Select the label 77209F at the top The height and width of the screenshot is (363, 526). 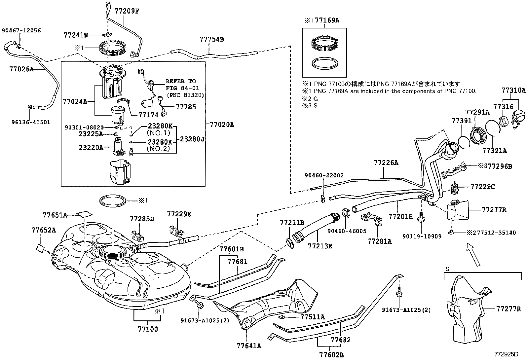click(x=127, y=11)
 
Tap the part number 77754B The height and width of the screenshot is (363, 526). click(x=211, y=39)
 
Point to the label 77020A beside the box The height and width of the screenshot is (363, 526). click(x=222, y=125)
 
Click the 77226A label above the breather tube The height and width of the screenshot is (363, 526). click(x=386, y=163)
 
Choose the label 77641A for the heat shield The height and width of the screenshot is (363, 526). click(x=248, y=346)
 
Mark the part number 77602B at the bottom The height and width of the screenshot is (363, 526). click(x=331, y=355)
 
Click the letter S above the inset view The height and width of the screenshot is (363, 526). click(x=447, y=269)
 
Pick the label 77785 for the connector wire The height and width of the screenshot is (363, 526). click(x=186, y=107)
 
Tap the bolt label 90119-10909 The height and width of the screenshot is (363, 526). click(x=422, y=236)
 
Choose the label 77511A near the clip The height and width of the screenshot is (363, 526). click(x=312, y=317)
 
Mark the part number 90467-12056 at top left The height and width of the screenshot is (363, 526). click(x=21, y=30)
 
